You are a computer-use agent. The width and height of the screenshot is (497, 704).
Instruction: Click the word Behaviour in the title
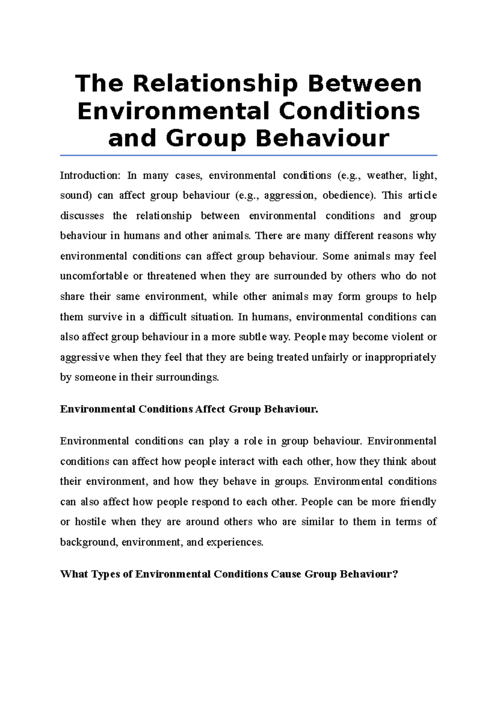click(x=323, y=138)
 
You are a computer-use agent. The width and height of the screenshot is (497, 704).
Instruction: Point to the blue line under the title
click(x=248, y=155)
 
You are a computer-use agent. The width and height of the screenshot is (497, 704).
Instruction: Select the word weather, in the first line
click(x=385, y=175)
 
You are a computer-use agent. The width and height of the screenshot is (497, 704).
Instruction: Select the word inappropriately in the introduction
click(x=400, y=357)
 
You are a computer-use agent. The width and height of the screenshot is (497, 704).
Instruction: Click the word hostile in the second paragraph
click(x=90, y=522)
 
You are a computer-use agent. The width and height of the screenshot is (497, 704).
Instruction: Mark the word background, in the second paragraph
click(x=89, y=542)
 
